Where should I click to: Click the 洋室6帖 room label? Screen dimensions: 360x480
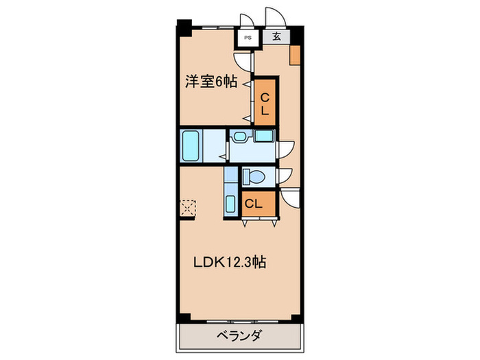[211, 82]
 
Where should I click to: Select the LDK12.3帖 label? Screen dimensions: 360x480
[230, 261]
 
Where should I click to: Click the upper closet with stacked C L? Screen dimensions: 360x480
[265, 103]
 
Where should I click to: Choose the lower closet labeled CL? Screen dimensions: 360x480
[253, 204]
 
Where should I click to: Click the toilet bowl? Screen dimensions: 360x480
[252, 177]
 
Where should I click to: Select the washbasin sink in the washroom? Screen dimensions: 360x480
[239, 136]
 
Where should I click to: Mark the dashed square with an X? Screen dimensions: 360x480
[188, 206]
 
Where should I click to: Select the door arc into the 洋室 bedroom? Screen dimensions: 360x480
[241, 58]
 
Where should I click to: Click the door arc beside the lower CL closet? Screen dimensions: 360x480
[291, 200]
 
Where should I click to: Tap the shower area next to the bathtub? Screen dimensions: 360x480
[214, 145]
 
